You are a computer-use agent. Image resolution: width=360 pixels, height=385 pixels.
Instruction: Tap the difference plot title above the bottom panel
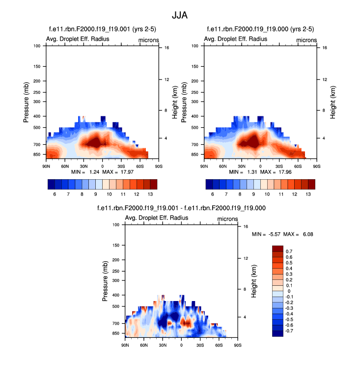(182, 208)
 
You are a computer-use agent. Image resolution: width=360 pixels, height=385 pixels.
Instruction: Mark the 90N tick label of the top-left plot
(46, 165)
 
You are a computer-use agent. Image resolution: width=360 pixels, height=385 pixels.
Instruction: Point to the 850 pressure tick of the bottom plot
(115, 333)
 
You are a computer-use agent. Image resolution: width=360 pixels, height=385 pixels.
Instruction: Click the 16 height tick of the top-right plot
(318, 48)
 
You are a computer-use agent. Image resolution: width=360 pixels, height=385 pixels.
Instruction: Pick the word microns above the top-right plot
(306, 40)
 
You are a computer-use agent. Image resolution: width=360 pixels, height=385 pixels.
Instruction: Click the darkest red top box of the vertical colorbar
(277, 248)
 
